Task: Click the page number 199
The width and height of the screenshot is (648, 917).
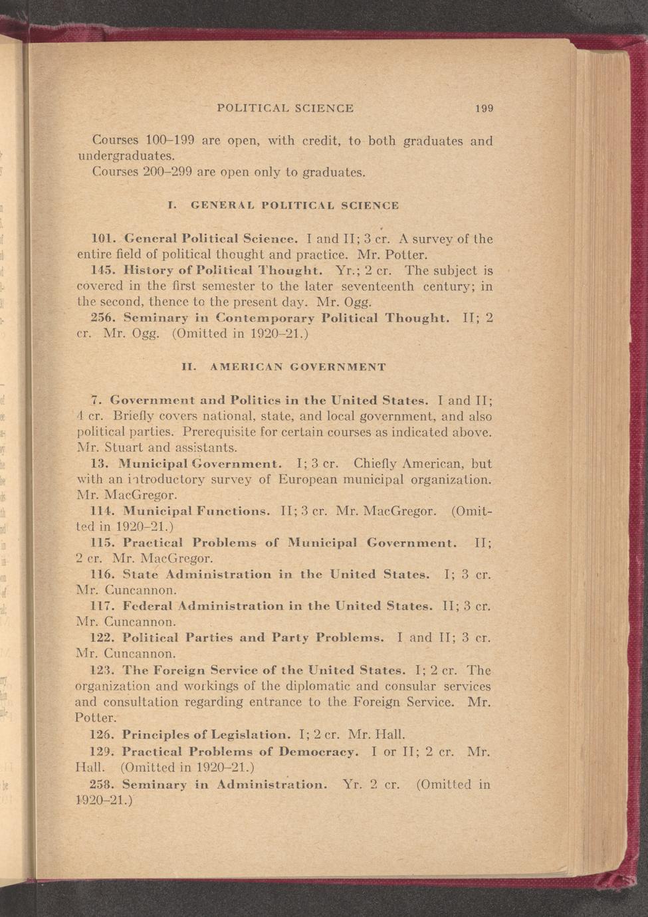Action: (484, 108)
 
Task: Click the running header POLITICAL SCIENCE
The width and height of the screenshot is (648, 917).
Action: (285, 108)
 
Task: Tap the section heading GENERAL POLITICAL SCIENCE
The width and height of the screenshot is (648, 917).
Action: (294, 206)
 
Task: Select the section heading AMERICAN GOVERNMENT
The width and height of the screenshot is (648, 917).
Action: (297, 367)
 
